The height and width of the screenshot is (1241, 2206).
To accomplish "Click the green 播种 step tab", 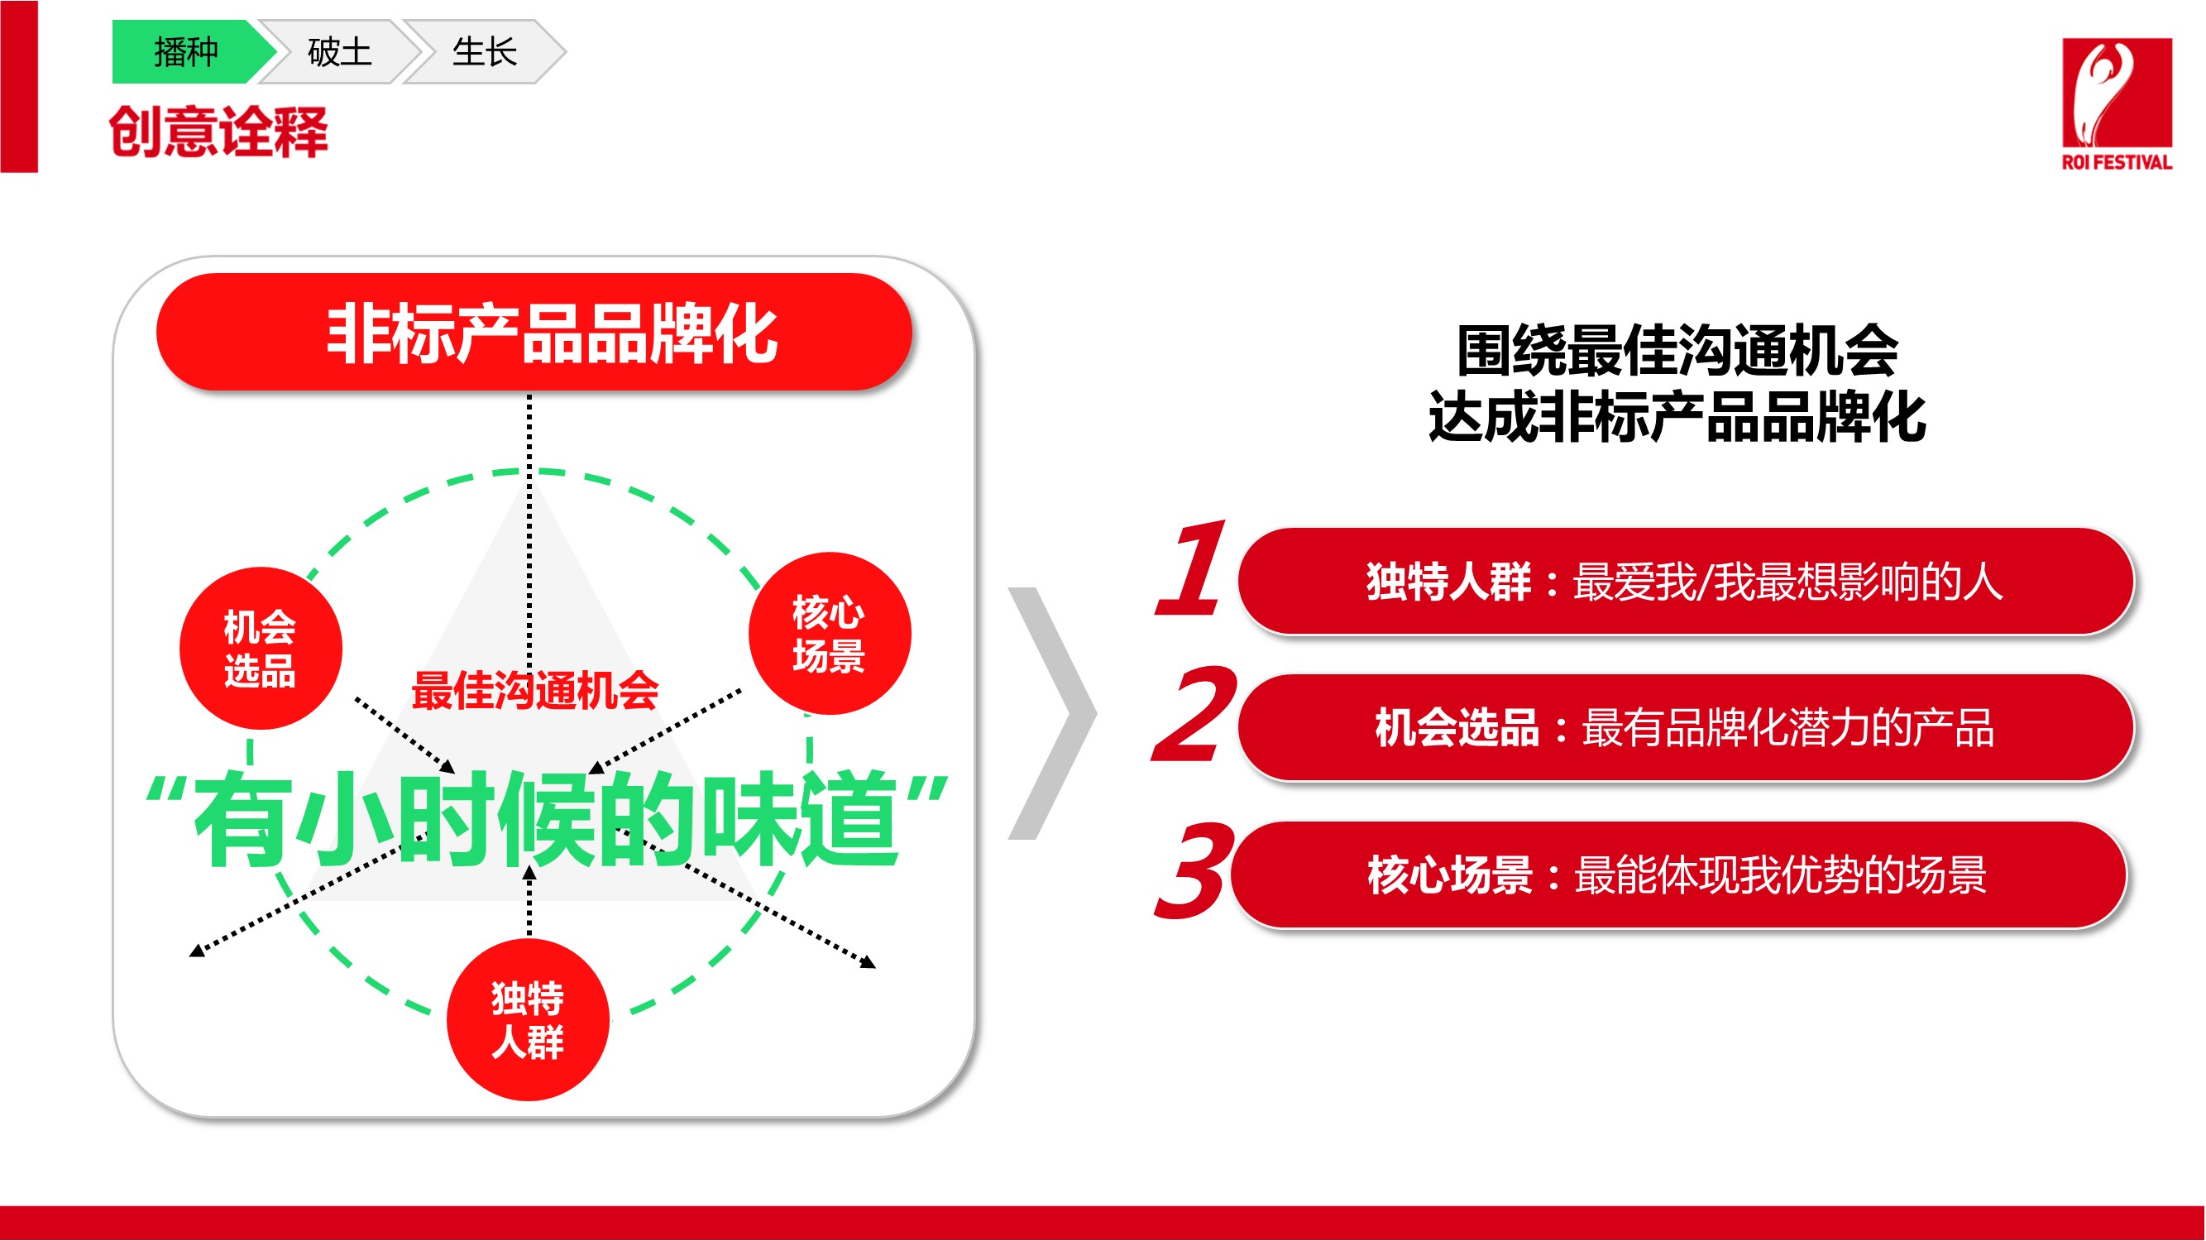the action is coord(189,51).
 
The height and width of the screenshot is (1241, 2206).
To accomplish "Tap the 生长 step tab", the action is coord(485,51).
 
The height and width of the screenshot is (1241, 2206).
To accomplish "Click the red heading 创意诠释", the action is coord(218,132).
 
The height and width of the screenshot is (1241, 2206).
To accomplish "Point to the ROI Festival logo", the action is coord(2116,103).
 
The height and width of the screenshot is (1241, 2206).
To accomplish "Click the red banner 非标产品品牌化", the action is coord(534,333).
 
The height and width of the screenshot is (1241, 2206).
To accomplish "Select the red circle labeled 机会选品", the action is coord(261,649).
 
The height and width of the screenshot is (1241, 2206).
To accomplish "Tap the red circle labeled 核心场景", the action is coord(829,634).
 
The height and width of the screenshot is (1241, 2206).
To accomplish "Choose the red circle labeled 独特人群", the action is coord(528,1019).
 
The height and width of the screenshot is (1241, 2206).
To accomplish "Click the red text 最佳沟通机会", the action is coord(535,690).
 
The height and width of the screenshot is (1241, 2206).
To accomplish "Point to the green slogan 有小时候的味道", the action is coord(547,819).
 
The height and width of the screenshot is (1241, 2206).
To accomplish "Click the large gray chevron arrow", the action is coord(1052,713).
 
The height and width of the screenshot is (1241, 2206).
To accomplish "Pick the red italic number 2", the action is coord(1194,713).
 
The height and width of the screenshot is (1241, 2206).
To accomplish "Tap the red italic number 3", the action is coord(1193,870).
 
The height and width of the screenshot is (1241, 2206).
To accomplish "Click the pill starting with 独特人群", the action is coord(1686,582).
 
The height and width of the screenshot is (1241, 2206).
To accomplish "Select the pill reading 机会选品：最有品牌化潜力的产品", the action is coord(1686,728).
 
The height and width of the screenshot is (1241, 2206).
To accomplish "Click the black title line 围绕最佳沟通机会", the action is coord(1677,350).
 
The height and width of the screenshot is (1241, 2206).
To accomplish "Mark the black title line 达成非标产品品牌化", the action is coord(1677,417).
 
